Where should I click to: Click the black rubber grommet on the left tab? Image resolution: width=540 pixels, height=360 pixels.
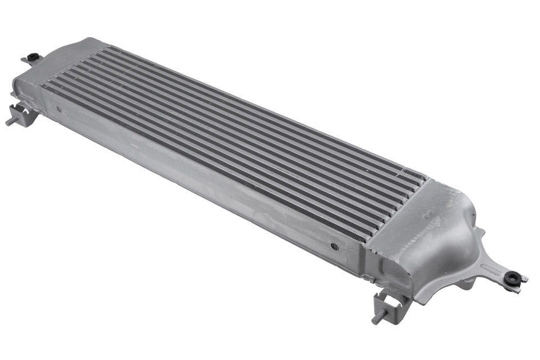coord(33,57)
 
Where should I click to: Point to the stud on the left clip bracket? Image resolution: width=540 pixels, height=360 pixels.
coord(10,121)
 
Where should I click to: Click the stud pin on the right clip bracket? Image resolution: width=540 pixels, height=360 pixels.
coord(376,318)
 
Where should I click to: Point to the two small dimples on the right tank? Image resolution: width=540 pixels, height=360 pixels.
coord(429,214)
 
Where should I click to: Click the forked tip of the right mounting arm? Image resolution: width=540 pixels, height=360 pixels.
coord(523,278)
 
